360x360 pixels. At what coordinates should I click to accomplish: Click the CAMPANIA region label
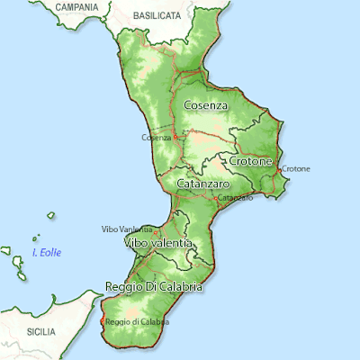(x=76, y=6)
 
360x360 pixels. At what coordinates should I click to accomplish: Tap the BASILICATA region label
(x=157, y=16)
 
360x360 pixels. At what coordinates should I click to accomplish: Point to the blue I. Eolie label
(x=47, y=253)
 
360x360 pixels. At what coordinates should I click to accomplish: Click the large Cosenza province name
(x=205, y=105)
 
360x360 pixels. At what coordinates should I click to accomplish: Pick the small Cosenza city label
(x=156, y=138)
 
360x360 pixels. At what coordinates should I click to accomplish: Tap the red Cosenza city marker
(x=175, y=138)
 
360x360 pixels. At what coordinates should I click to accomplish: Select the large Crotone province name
(x=251, y=160)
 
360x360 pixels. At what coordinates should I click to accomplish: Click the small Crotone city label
(x=296, y=168)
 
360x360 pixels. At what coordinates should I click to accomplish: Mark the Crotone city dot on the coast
(x=281, y=168)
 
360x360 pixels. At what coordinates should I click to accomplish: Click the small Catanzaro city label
(x=235, y=197)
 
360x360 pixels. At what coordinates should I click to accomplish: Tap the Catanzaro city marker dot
(x=216, y=195)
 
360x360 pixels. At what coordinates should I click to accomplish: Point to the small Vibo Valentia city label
(x=121, y=229)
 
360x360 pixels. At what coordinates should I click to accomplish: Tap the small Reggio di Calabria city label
(x=137, y=321)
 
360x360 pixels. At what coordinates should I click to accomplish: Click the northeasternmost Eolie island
(x=50, y=215)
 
